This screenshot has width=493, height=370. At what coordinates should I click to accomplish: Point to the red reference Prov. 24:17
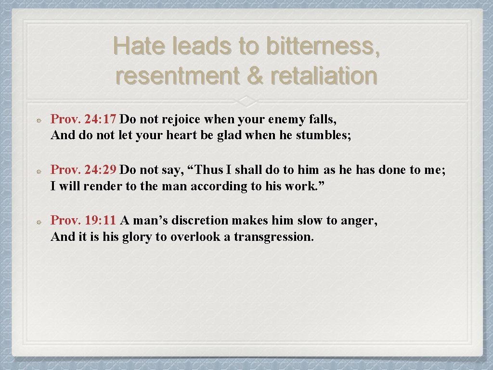(x=83, y=119)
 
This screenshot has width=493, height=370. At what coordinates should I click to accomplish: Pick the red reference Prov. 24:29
(x=83, y=170)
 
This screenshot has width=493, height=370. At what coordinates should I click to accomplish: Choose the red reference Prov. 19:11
(x=83, y=221)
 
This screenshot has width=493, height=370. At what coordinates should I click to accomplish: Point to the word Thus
(x=210, y=170)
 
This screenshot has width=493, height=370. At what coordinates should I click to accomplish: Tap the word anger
(x=359, y=221)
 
